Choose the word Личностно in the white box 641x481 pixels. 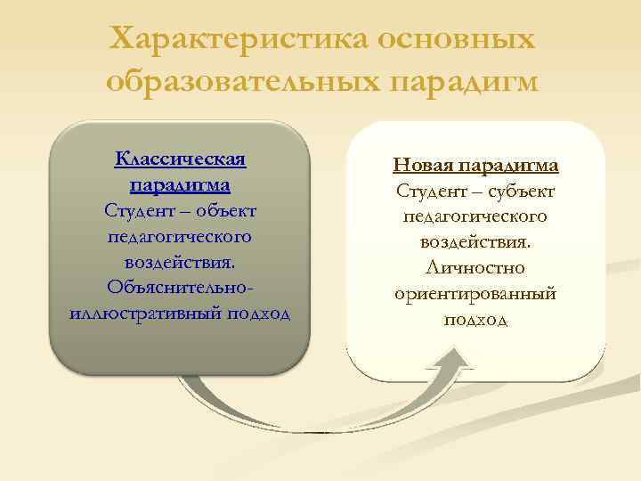[x=476, y=267]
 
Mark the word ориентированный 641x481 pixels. [x=476, y=293]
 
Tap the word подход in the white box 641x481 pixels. [x=476, y=319]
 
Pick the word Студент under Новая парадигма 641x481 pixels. [x=430, y=191]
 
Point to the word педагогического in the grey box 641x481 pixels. [x=180, y=237]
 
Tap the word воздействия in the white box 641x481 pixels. [x=475, y=242]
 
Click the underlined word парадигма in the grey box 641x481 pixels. [x=180, y=185]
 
